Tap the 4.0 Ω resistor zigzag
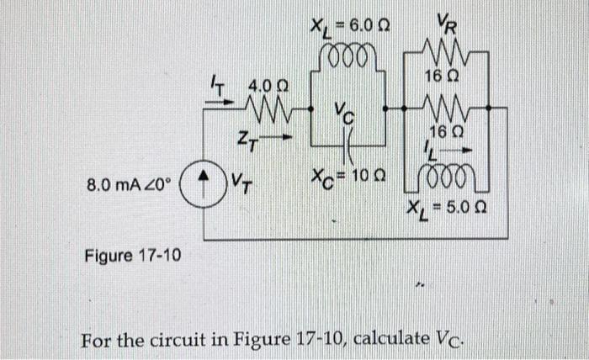click(268, 110)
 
